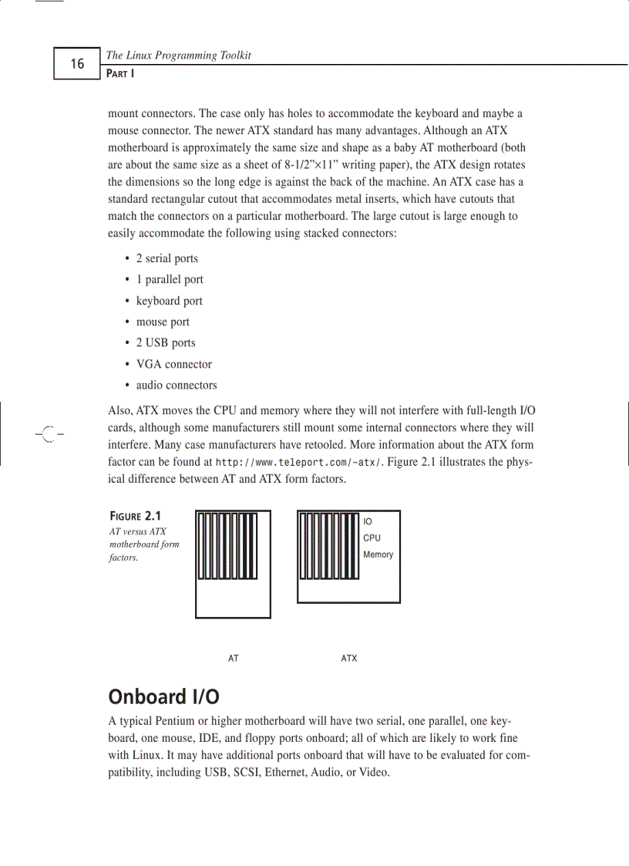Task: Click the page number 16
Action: [77, 64]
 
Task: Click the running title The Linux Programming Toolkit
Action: [178, 56]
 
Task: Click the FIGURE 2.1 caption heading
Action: [135, 516]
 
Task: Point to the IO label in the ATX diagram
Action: [368, 522]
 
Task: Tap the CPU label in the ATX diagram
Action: [372, 538]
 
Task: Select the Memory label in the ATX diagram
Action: [378, 554]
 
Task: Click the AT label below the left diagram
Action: [234, 659]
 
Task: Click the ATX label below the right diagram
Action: [349, 659]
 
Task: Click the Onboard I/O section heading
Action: [163, 697]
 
